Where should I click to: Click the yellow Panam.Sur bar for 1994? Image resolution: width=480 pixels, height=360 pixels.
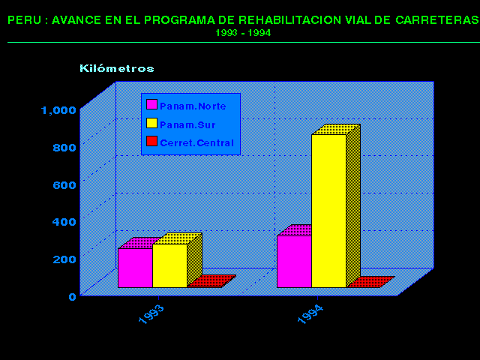coord(328,210)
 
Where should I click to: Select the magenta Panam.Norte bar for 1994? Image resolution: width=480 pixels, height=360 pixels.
coord(294,261)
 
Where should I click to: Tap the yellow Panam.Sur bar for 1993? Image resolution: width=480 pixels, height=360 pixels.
coord(169,265)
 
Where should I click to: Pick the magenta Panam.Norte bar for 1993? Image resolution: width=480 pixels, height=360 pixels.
coord(135,267)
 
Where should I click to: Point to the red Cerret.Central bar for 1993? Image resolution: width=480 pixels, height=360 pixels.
coord(205,286)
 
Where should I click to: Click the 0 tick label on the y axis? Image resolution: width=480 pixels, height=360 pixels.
coord(73,296)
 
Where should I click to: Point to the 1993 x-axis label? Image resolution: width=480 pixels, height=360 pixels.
coord(151,315)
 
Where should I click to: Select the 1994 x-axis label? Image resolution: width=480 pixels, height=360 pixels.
coord(310,315)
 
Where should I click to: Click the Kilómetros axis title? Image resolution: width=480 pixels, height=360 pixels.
coord(117,68)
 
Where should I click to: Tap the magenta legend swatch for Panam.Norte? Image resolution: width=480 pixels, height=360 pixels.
coord(151,106)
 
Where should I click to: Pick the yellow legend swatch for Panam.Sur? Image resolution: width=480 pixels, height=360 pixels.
coord(151,123)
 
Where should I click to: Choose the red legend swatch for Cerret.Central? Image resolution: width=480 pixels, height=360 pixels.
coord(151,141)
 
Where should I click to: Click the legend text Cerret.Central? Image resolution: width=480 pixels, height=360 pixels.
coord(196,142)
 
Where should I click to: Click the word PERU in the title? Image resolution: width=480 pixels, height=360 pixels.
coord(22,20)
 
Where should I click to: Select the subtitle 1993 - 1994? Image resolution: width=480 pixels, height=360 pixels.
coord(243,33)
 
